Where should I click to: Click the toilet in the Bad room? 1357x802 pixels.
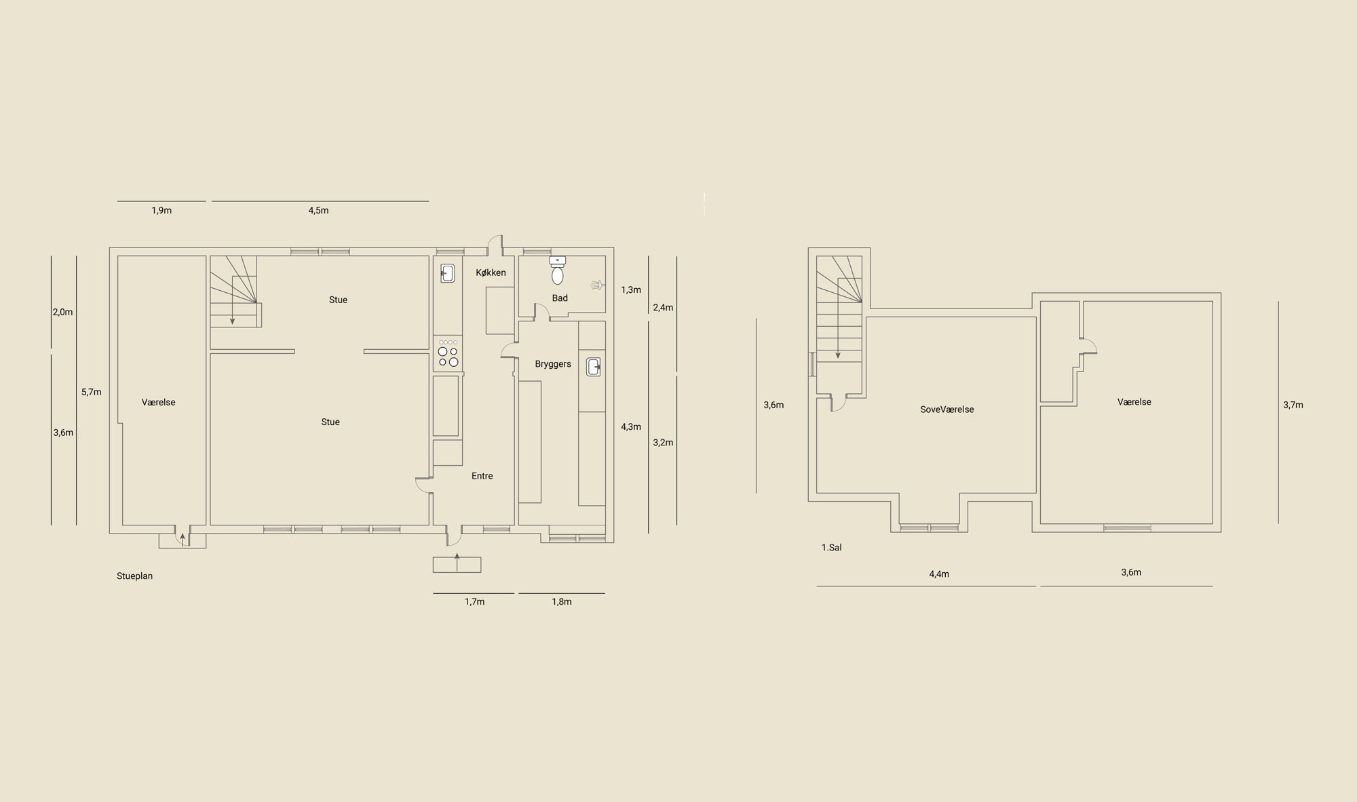[558, 270]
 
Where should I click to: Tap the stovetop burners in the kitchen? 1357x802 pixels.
[448, 353]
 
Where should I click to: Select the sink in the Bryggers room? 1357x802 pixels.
[594, 367]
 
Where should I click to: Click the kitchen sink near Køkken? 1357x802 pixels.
[447, 273]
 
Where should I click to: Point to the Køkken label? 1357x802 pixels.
[491, 273]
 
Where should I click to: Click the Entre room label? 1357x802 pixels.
[482, 476]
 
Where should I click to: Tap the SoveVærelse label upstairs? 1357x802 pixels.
[947, 409]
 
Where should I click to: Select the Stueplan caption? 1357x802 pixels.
[134, 576]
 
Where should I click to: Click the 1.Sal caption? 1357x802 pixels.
[831, 548]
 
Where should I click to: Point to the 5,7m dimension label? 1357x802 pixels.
[91, 392]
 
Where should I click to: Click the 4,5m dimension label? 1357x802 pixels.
[318, 210]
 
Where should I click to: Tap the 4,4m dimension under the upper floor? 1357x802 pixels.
[939, 574]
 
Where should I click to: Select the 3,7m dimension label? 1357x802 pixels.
[1293, 405]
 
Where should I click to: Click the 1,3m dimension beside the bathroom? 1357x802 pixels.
[631, 289]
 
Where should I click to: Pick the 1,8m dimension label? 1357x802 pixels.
[562, 601]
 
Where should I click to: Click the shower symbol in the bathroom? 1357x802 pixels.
[597, 285]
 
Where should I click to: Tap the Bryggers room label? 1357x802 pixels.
[553, 364]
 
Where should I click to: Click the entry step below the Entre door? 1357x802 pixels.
[457, 565]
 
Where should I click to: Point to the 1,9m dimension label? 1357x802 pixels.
[161, 210]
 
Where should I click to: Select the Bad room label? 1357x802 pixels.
[560, 298]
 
